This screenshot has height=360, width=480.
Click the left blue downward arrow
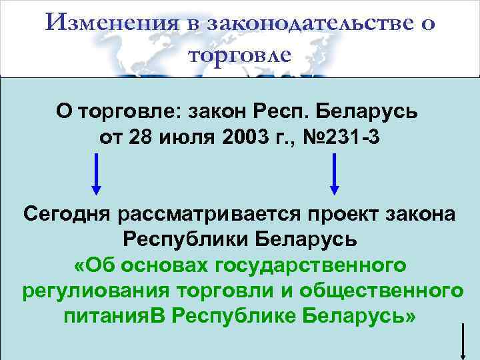(x=97, y=173)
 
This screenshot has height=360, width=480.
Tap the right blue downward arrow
(x=334, y=173)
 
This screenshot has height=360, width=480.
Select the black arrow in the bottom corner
(x=462, y=341)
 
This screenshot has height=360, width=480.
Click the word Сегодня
(x=67, y=215)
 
